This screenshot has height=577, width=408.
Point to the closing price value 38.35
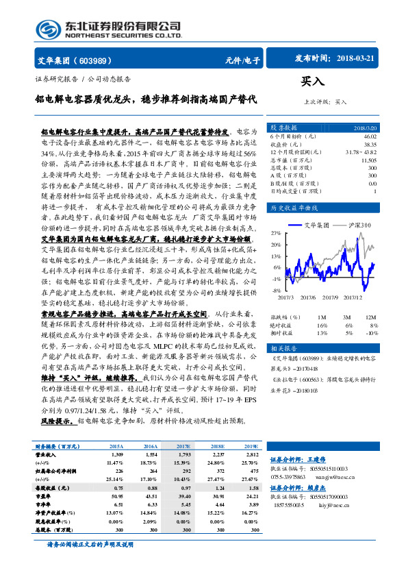[370, 145]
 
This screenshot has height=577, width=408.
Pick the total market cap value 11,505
[368, 160]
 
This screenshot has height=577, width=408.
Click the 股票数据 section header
[283, 128]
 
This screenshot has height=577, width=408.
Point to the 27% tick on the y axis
[275, 234]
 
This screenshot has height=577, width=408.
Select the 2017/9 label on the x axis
[329, 297]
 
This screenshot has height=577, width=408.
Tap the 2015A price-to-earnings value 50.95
[116, 495]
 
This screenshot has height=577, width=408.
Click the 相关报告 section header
[283, 347]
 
